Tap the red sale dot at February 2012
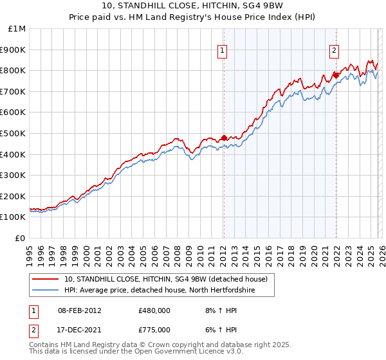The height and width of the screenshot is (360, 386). (x=224, y=138)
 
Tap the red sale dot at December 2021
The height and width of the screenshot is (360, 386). (x=336, y=75)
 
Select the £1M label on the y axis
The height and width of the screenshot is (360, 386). (x=17, y=28)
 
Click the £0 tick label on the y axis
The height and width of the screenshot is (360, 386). (x=21, y=238)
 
